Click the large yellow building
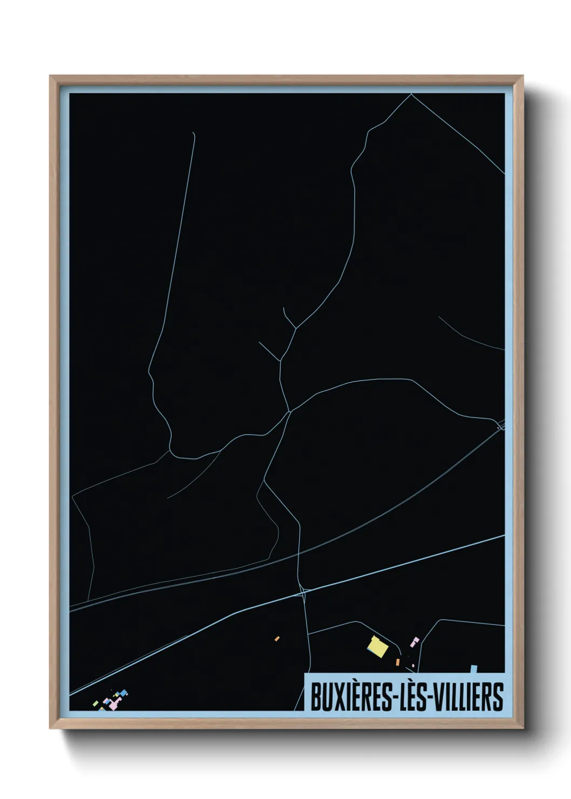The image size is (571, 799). [x=377, y=647]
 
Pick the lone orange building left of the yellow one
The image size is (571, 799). [x=277, y=639]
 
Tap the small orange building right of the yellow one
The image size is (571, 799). [x=398, y=662]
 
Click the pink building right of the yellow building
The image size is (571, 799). [x=414, y=642]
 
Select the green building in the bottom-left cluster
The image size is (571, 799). [x=96, y=703]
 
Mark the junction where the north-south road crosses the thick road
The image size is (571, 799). [x=303, y=593]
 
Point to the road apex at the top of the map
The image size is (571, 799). [x=411, y=94]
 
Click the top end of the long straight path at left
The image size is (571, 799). [x=193, y=132]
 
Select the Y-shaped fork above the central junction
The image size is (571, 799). [x=294, y=328]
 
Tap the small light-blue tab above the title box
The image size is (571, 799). [x=474, y=669]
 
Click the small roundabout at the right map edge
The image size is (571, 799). [x=500, y=427]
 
